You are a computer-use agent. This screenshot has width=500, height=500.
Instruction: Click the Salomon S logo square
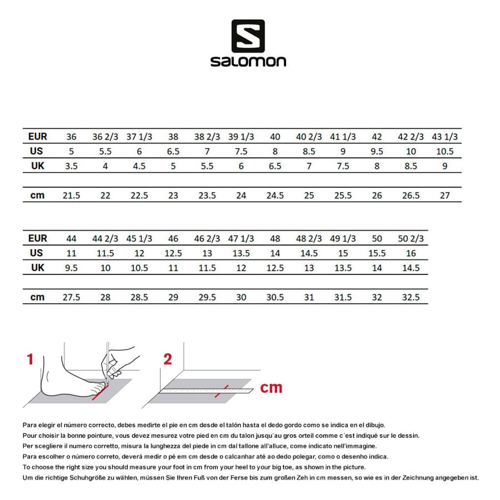248,36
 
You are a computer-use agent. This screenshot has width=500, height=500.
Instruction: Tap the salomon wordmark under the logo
248,61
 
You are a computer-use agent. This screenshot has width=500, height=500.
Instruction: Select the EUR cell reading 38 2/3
207,137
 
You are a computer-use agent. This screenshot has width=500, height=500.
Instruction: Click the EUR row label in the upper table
37,137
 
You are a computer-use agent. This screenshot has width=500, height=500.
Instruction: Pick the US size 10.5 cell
445,151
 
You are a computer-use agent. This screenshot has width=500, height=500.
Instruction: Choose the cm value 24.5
275,195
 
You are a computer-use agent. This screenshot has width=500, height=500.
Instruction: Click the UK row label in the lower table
37,268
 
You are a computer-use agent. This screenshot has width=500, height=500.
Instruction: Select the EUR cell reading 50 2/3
411,238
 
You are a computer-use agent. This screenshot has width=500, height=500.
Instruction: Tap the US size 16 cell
411,253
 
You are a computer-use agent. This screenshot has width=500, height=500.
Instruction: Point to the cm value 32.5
411,297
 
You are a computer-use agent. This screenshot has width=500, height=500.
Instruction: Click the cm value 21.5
71,195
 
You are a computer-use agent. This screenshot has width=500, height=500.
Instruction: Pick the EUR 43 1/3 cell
445,137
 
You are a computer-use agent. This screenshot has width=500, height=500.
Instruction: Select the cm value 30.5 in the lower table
275,297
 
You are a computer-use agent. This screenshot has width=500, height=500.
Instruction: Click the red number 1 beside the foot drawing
30,360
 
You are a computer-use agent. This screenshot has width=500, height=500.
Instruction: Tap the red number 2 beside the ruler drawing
168,360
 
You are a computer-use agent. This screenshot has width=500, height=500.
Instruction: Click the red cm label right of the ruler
271,388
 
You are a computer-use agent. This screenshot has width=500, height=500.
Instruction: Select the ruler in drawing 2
207,391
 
